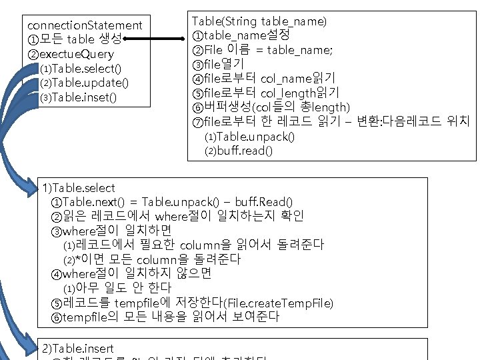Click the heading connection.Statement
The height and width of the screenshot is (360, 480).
click(85, 25)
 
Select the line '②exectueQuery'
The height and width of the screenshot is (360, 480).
click(71, 54)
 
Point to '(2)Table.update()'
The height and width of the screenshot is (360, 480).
click(84, 83)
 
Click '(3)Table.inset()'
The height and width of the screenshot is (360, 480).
click(78, 97)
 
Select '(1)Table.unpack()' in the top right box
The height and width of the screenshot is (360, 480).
click(249, 137)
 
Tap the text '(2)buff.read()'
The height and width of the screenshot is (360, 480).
click(239, 151)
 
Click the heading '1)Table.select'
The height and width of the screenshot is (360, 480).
click(78, 188)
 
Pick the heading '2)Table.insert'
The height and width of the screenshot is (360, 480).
click(77, 348)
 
